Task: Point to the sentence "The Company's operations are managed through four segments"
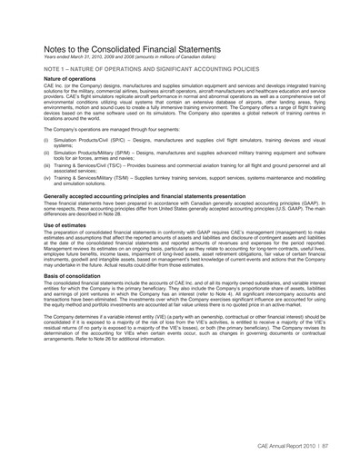(122, 129)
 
